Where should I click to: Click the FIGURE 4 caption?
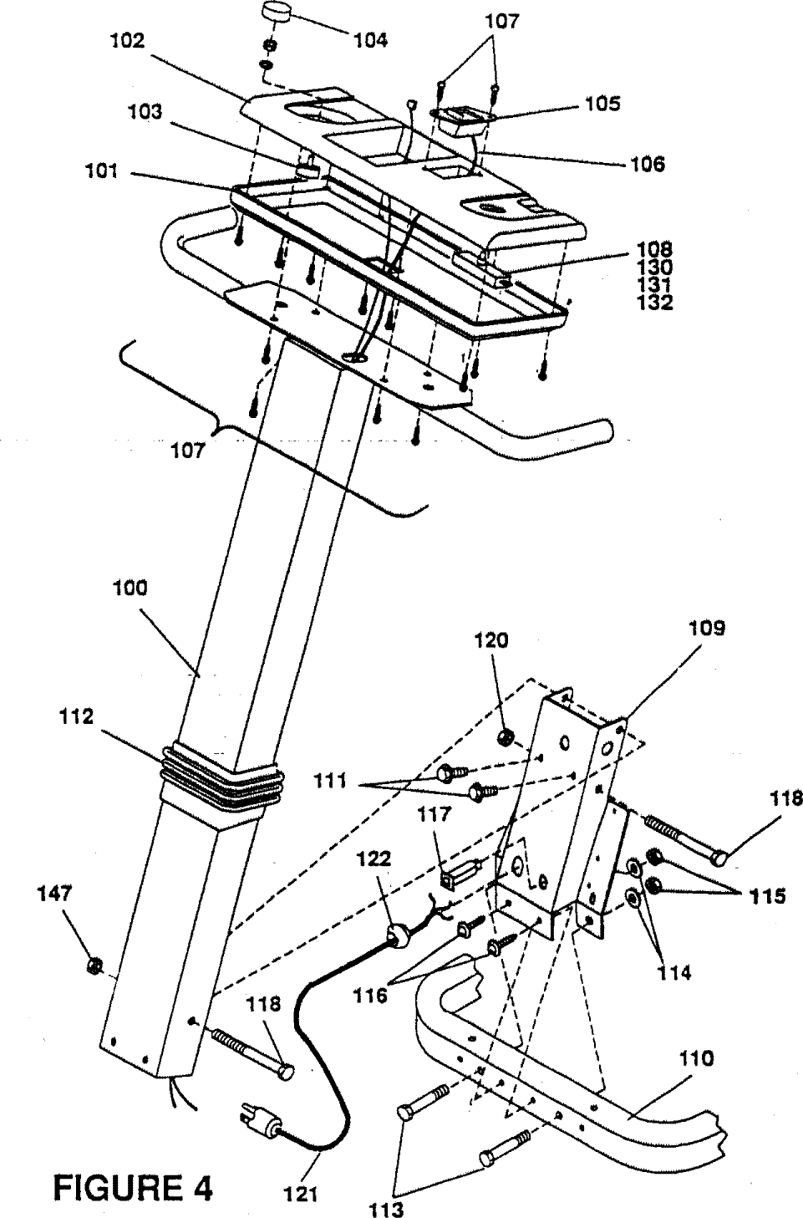133,1185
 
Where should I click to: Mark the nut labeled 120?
506,736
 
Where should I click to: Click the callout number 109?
707,629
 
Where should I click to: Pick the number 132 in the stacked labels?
654,303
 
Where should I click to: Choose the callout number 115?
768,896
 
